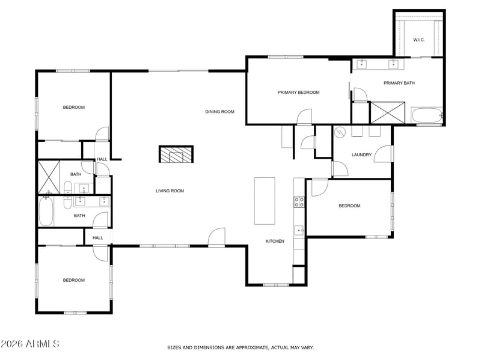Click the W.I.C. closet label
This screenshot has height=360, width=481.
pos(418,40)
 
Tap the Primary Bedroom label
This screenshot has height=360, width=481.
pos(298,93)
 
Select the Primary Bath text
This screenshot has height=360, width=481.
pos(399,83)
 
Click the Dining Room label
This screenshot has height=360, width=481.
pos(219,112)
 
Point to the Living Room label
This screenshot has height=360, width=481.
pos(170,191)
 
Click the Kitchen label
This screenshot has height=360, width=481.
pos(275,241)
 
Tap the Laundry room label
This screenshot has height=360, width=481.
pos(361,155)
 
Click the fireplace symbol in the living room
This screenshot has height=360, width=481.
pos(176,154)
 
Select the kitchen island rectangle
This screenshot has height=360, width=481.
pos(265,201)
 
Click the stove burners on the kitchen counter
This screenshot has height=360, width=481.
pos(299,202)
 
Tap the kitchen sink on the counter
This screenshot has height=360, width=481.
pos(299,230)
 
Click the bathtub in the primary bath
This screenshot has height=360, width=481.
pos(427,115)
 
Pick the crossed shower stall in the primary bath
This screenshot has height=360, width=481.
pos(388,113)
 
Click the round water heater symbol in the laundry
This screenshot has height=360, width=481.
pos(340,132)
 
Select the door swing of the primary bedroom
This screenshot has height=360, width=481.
pos(304,117)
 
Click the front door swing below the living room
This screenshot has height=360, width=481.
pos(216,237)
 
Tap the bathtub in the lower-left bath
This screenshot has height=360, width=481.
pos(46,212)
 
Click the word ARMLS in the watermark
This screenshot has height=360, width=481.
pos(43,344)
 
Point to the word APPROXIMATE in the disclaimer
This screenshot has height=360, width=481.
pos(253,348)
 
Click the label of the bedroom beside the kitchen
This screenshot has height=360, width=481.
pos(349,206)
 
